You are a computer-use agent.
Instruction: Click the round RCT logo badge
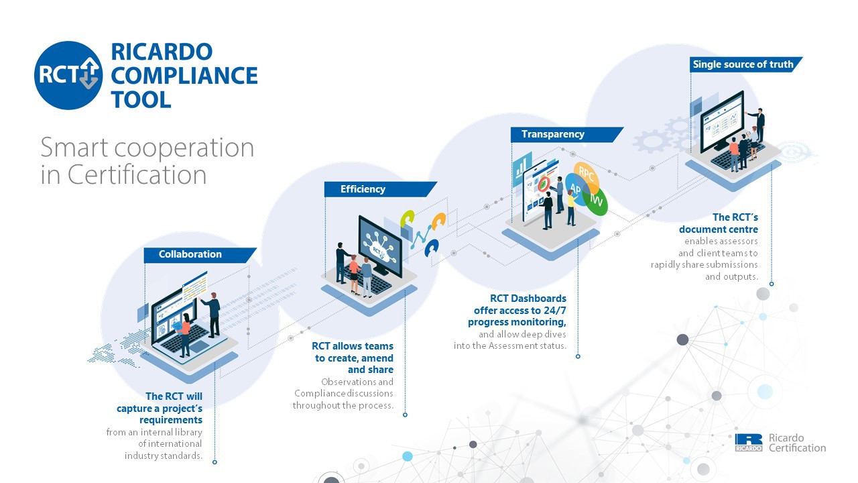click(x=68, y=76)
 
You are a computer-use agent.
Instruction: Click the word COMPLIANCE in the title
click(x=184, y=76)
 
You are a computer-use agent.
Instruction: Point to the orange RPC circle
click(x=587, y=176)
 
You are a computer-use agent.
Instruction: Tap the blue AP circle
click(x=576, y=189)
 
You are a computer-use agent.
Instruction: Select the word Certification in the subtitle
click(x=137, y=175)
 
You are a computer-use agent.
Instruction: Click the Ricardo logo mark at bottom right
click(x=749, y=443)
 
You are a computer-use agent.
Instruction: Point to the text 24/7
click(x=554, y=310)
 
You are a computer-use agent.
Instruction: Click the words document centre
click(x=718, y=229)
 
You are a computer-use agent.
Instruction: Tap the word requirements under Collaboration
click(x=171, y=420)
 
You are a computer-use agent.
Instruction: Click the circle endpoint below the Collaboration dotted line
click(x=214, y=462)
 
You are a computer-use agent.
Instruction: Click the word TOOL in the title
click(x=141, y=100)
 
